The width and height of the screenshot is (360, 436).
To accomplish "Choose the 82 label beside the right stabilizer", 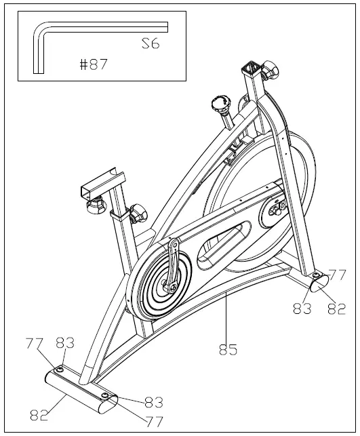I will pyautogui.click(x=337, y=309).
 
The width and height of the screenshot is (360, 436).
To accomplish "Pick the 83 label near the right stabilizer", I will pyautogui.click(x=302, y=309).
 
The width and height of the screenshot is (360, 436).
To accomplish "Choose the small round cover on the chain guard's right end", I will pyautogui.click(x=277, y=207).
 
